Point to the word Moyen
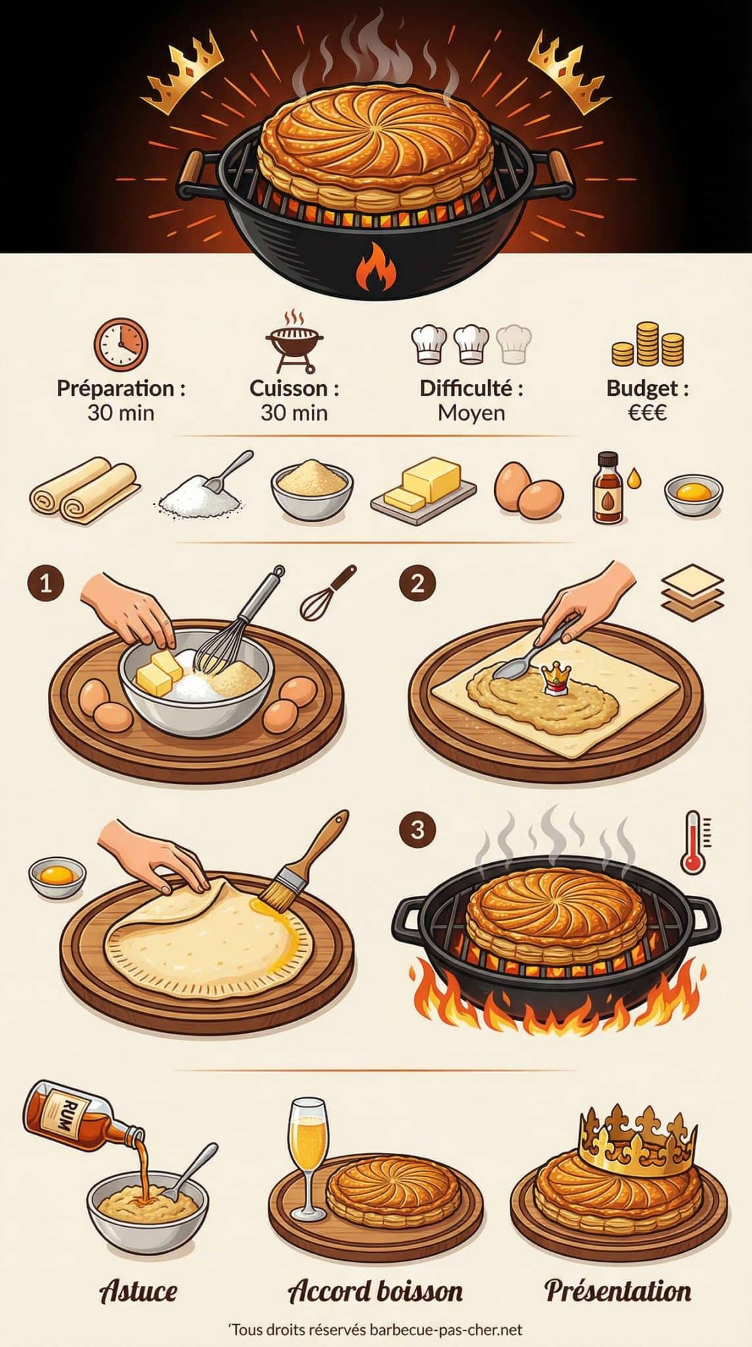[472, 413]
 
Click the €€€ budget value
[647, 413]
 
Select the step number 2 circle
[417, 583]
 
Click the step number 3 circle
[417, 830]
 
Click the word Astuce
[138, 1290]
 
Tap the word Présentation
[618, 1290]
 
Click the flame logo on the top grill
[376, 266]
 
